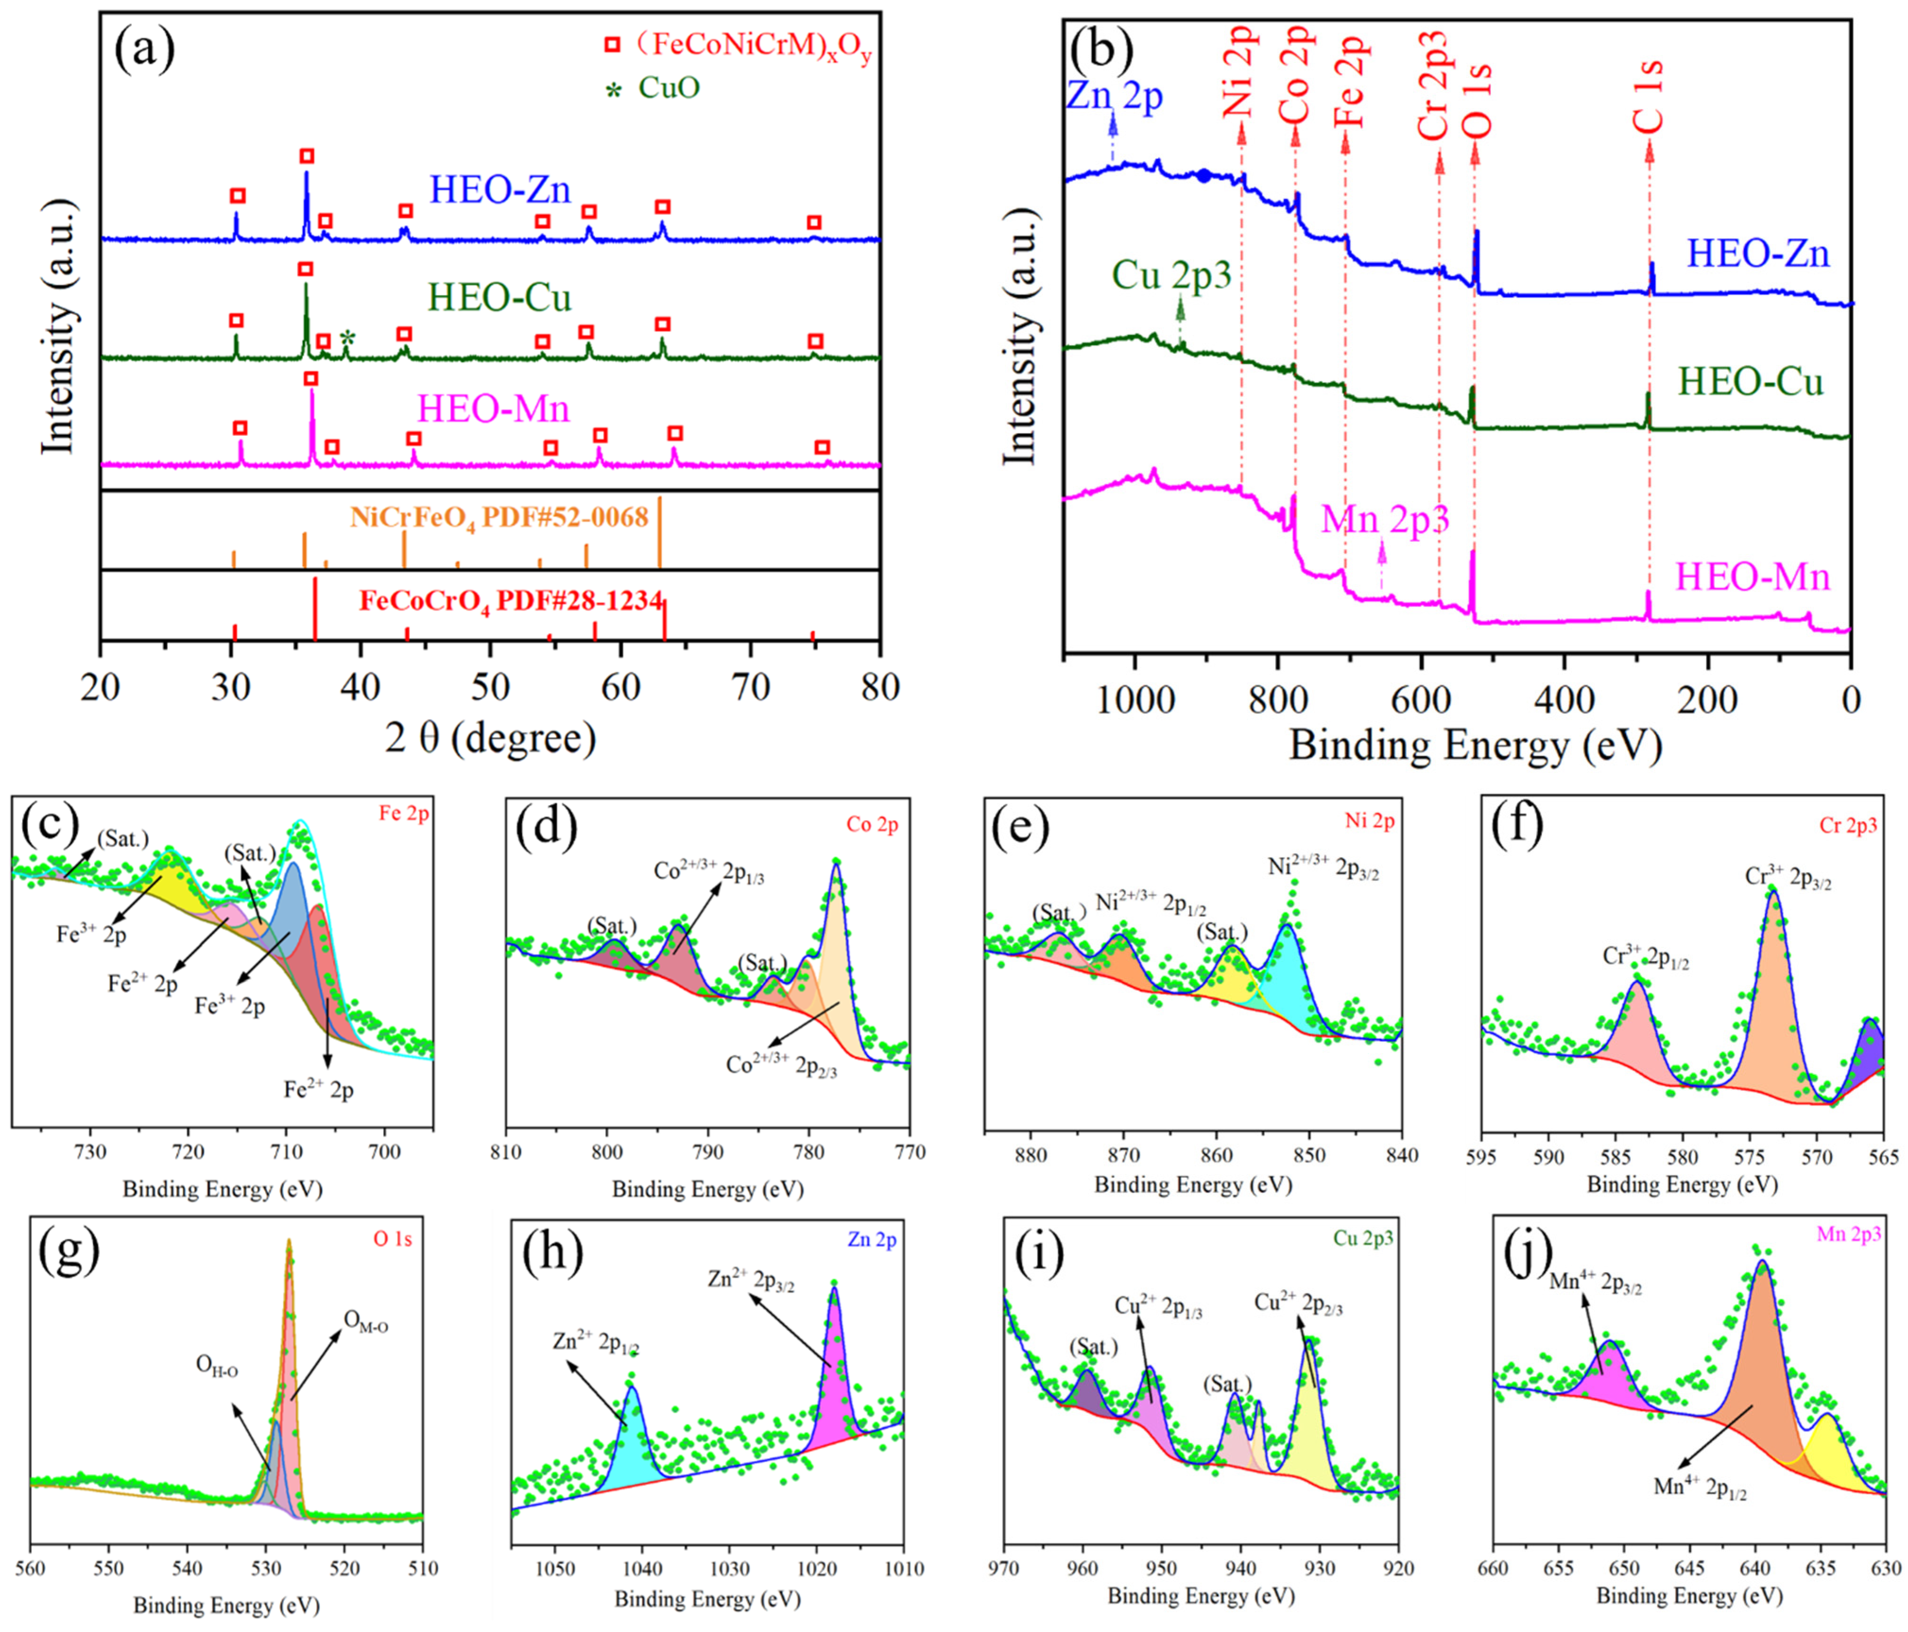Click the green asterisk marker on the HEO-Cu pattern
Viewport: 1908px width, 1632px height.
point(347,337)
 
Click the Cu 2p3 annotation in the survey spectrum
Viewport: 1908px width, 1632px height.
point(1172,275)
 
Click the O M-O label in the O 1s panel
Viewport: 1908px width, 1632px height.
point(366,1323)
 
